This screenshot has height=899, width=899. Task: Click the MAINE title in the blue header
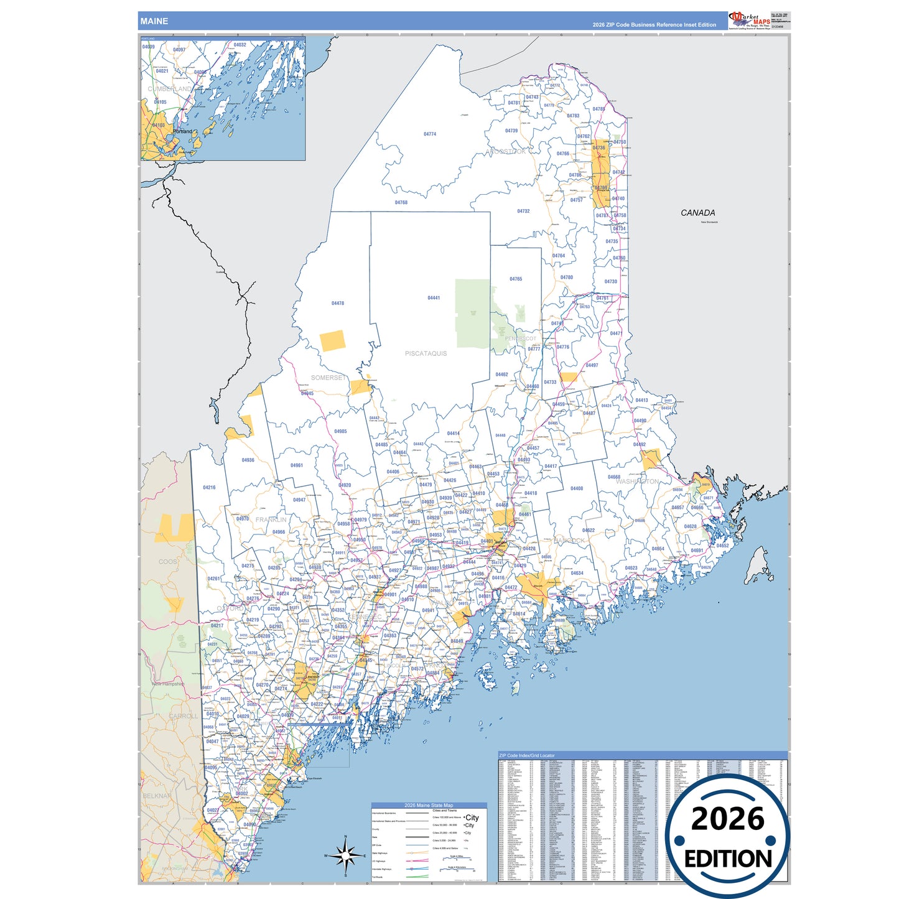click(154, 21)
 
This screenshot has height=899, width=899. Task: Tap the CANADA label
click(697, 213)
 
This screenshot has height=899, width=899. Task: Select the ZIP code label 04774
click(430, 134)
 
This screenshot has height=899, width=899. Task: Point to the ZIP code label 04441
click(434, 298)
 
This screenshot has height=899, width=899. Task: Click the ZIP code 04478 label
click(338, 304)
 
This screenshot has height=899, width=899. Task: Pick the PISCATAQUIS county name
click(426, 353)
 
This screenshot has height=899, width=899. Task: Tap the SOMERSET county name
click(328, 378)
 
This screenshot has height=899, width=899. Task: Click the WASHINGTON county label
click(637, 482)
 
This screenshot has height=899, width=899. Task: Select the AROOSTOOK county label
click(506, 151)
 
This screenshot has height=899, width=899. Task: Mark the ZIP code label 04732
click(523, 212)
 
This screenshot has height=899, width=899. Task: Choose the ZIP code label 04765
click(516, 279)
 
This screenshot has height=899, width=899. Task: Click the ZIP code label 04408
click(577, 489)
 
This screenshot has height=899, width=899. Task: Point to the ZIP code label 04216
click(209, 488)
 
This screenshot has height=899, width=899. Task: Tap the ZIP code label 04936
click(248, 460)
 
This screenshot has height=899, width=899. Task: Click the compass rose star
click(345, 856)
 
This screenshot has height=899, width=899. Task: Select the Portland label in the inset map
click(182, 132)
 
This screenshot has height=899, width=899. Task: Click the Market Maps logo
click(749, 19)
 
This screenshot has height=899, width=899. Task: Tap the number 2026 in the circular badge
click(727, 819)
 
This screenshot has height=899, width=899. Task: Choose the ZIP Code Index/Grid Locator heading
click(526, 755)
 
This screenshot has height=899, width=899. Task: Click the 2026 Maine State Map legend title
click(429, 805)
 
